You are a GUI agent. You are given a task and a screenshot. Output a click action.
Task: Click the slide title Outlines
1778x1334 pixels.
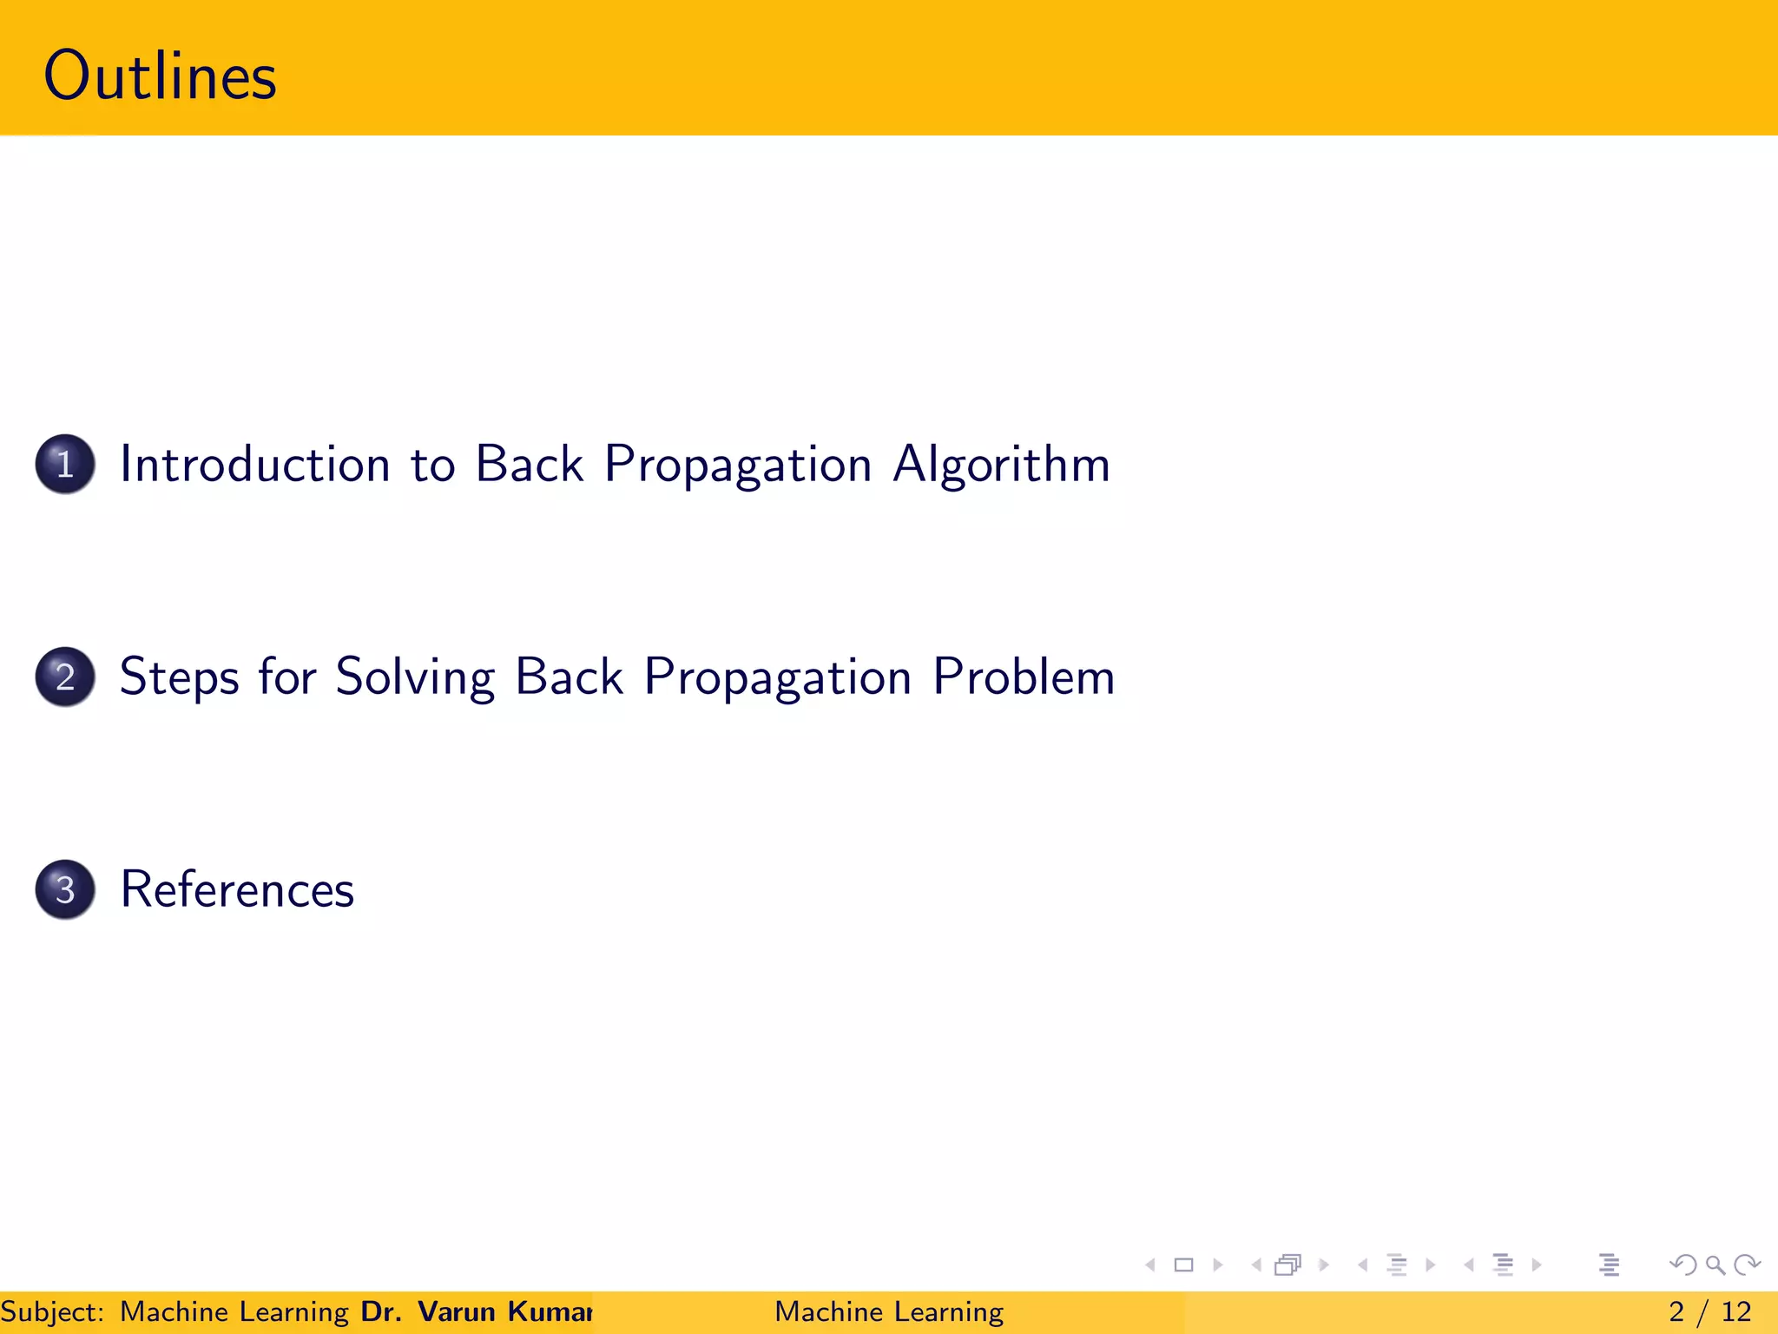coord(160,76)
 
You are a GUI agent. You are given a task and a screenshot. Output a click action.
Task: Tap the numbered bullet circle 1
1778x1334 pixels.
coord(65,464)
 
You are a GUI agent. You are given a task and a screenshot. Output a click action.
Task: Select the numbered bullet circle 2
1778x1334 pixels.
coord(65,677)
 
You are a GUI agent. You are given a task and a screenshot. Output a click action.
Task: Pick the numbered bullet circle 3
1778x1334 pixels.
coord(65,889)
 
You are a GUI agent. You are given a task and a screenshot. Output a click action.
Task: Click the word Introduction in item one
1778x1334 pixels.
coord(254,464)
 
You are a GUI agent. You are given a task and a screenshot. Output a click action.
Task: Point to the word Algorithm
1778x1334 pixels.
coord(1001,464)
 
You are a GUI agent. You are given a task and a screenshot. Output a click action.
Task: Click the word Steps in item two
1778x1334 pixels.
coord(179,677)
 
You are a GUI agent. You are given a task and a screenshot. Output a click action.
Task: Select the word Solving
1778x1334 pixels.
coord(415,677)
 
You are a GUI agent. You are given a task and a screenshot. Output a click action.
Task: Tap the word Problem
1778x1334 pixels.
coord(1024,677)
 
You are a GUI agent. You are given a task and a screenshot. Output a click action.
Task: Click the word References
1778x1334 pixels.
coord(237,889)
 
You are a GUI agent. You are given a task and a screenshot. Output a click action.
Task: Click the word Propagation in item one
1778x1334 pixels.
coord(737,464)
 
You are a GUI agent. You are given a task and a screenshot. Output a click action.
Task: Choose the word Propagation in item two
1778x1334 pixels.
coord(778,677)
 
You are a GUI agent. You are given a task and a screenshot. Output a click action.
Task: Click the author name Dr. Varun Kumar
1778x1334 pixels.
coord(476,1311)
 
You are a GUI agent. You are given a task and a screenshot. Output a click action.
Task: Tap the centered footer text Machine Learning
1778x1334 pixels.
coord(889,1311)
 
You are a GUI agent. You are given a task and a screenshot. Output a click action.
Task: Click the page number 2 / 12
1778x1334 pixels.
coord(1709,1311)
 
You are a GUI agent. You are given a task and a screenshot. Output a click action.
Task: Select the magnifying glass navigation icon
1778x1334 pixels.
coord(1715,1265)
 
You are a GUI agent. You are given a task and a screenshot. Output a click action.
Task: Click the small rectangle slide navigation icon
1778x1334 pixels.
coord(1183,1265)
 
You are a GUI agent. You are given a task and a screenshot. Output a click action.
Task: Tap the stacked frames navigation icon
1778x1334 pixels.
coord(1288,1265)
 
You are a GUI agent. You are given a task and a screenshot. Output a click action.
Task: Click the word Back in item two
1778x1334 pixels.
coord(569,677)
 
